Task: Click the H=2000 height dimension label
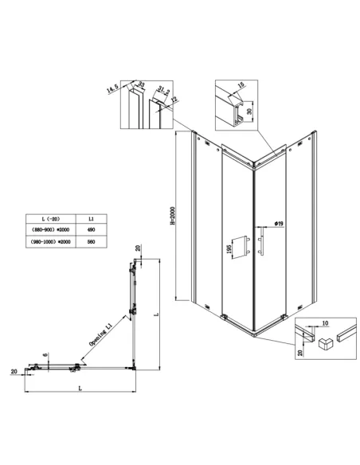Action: tap(182, 217)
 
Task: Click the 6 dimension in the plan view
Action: tap(45, 355)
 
